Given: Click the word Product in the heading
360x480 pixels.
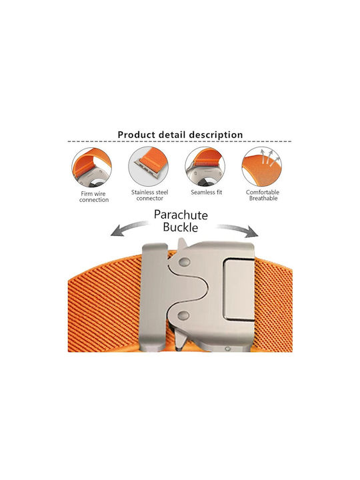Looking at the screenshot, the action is [x=137, y=135].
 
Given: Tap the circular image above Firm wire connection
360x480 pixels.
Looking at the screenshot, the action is [x=92, y=167].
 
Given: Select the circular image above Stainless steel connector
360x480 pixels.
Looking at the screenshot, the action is [x=149, y=166].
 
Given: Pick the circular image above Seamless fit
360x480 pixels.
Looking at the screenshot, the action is [x=205, y=166].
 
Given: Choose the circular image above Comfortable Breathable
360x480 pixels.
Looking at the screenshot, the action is [x=262, y=166].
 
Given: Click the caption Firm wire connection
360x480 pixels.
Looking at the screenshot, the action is [x=94, y=197].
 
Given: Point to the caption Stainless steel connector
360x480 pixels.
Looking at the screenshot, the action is [x=150, y=195].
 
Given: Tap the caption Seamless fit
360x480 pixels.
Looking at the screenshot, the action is [x=206, y=192].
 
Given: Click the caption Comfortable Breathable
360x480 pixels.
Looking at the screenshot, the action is [x=263, y=195].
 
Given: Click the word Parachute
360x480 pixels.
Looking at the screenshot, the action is [x=181, y=215].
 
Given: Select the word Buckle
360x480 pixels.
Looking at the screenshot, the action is [x=180, y=227].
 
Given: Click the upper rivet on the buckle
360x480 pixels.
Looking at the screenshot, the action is [x=184, y=262].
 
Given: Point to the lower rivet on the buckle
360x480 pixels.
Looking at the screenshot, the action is [x=183, y=316].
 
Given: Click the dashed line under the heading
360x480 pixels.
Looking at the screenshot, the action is [x=179, y=142].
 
